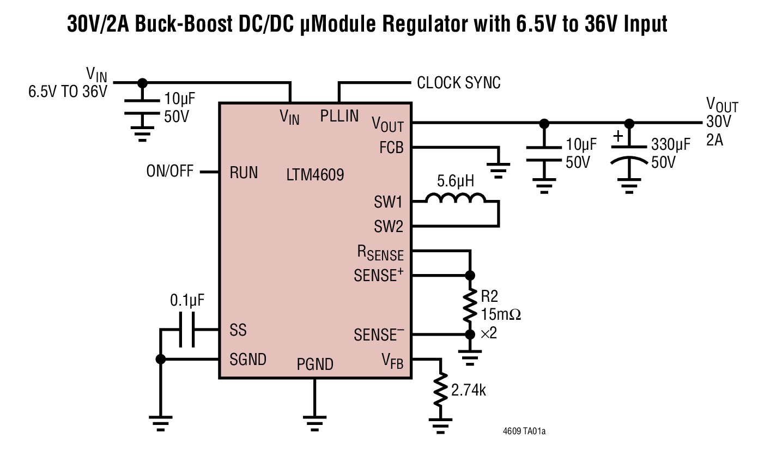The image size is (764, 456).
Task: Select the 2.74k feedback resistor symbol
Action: pos(440,390)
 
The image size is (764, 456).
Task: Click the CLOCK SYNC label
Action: pos(458,83)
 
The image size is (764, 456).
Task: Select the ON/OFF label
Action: pos(169,172)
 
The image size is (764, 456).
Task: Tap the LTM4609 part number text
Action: pos(315,175)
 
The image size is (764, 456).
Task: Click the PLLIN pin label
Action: pos(339,116)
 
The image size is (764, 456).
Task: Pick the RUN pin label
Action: pos(244,173)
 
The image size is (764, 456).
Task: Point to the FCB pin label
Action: pos(391,148)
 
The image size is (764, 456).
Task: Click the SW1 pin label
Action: pos(388,203)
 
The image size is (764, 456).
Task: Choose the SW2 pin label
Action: pos(388,226)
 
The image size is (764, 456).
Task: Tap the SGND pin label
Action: pos(248,359)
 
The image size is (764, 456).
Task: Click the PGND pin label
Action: pos(314,364)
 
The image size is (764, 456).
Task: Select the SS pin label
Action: pos(238,330)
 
